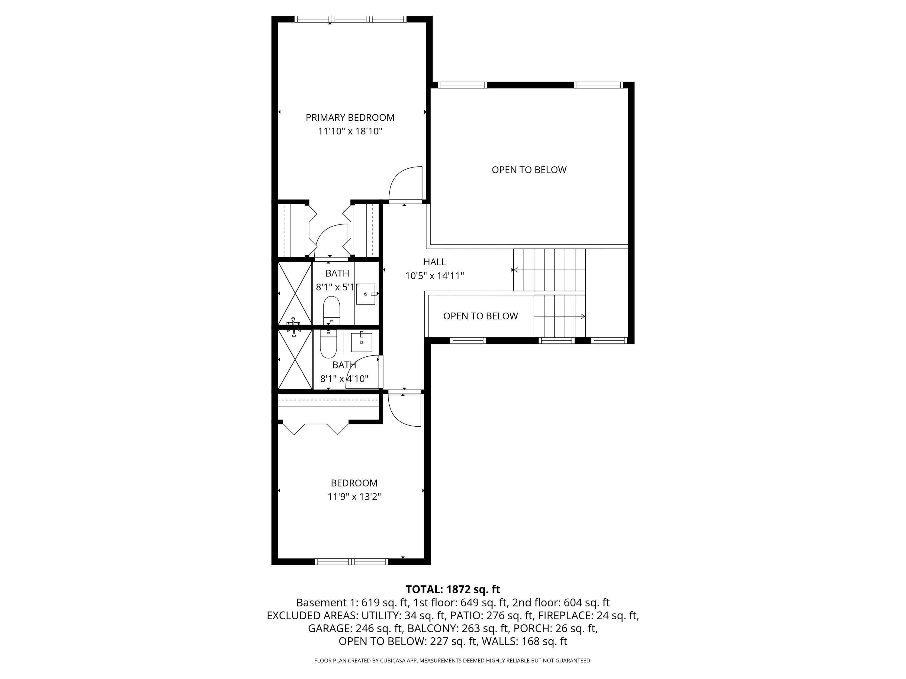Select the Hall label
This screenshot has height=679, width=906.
click(434, 262)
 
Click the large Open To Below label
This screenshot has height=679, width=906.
click(529, 170)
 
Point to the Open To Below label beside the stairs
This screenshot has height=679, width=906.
click(480, 316)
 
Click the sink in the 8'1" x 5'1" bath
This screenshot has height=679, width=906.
click(365, 294)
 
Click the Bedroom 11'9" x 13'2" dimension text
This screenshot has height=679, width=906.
click(354, 497)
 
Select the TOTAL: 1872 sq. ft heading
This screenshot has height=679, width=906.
click(453, 589)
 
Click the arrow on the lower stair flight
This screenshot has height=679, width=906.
click(583, 316)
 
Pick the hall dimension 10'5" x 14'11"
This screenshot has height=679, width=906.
click(434, 276)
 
